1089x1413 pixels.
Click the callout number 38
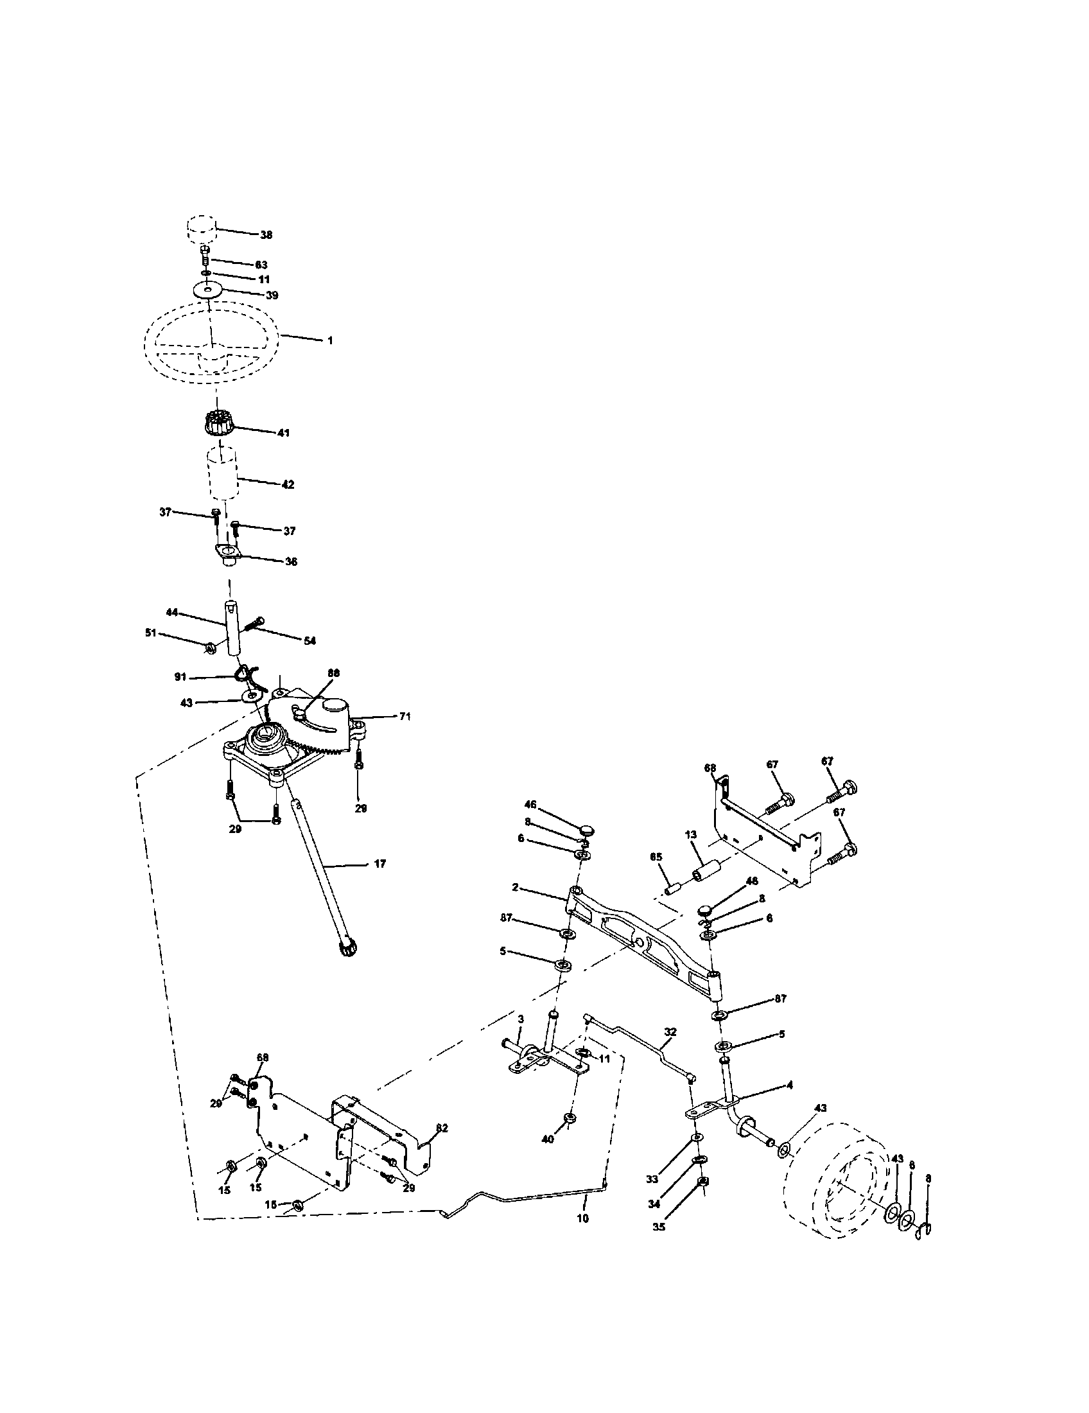(266, 235)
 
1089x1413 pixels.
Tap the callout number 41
(283, 432)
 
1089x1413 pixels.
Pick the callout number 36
(291, 561)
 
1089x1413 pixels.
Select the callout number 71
(404, 716)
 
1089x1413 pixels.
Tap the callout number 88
(333, 672)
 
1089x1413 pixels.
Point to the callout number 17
(379, 863)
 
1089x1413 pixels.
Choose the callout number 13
(691, 834)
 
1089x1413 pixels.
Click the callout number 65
(656, 856)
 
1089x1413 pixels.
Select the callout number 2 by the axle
(515, 887)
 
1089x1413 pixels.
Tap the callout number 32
(670, 1032)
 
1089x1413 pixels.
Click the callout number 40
(548, 1139)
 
